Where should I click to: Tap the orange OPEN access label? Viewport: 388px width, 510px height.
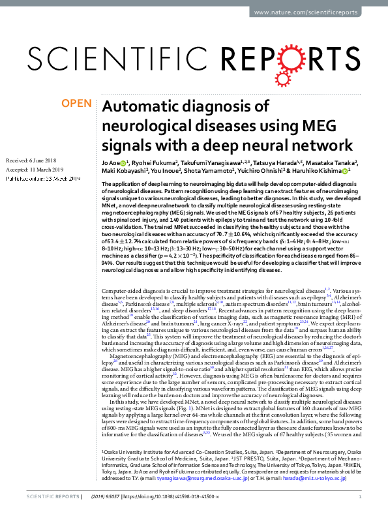pos(76,103)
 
